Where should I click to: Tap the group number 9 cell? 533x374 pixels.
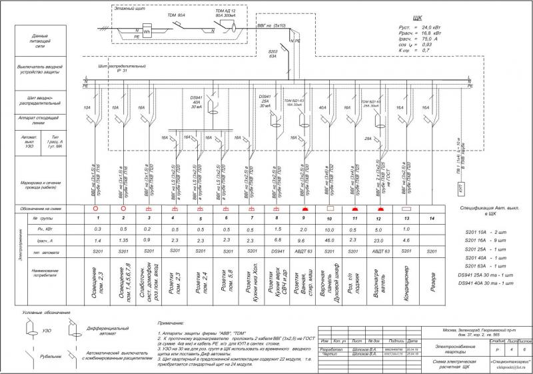[x=302, y=218]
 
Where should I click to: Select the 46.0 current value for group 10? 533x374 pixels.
[x=329, y=239]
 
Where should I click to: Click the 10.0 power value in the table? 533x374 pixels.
[x=329, y=229]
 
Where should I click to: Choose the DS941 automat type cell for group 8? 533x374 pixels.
[x=277, y=251]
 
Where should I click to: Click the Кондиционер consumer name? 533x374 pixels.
[x=406, y=279]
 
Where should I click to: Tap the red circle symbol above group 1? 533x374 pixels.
[x=97, y=208]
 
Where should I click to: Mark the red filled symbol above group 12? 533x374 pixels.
[x=379, y=208]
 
